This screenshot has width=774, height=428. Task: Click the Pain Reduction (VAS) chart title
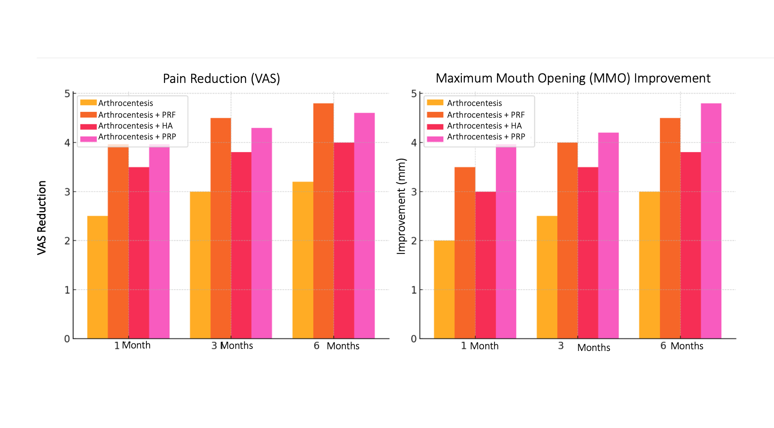click(x=221, y=79)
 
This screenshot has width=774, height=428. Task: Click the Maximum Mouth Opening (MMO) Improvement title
click(x=573, y=78)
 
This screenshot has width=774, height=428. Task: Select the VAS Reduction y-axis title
click(x=41, y=217)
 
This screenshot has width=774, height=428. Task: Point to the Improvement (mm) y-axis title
click(x=401, y=206)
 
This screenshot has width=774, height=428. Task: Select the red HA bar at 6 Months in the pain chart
click(x=344, y=240)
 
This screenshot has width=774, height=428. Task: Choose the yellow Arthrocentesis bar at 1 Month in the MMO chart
click(x=444, y=289)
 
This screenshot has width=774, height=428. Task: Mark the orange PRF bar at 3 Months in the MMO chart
click(x=567, y=240)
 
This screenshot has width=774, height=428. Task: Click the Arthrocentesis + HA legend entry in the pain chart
click(x=135, y=126)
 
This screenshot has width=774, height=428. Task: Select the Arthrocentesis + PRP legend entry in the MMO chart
click(x=486, y=137)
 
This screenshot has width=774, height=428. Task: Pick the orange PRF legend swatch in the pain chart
click(x=88, y=115)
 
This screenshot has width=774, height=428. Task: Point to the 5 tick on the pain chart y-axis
click(x=67, y=93)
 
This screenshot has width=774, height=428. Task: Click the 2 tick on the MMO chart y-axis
click(x=414, y=241)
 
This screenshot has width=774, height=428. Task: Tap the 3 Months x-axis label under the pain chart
click(x=232, y=345)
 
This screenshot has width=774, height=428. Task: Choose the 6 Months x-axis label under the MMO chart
click(x=682, y=346)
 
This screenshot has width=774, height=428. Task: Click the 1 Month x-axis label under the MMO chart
click(x=479, y=346)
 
